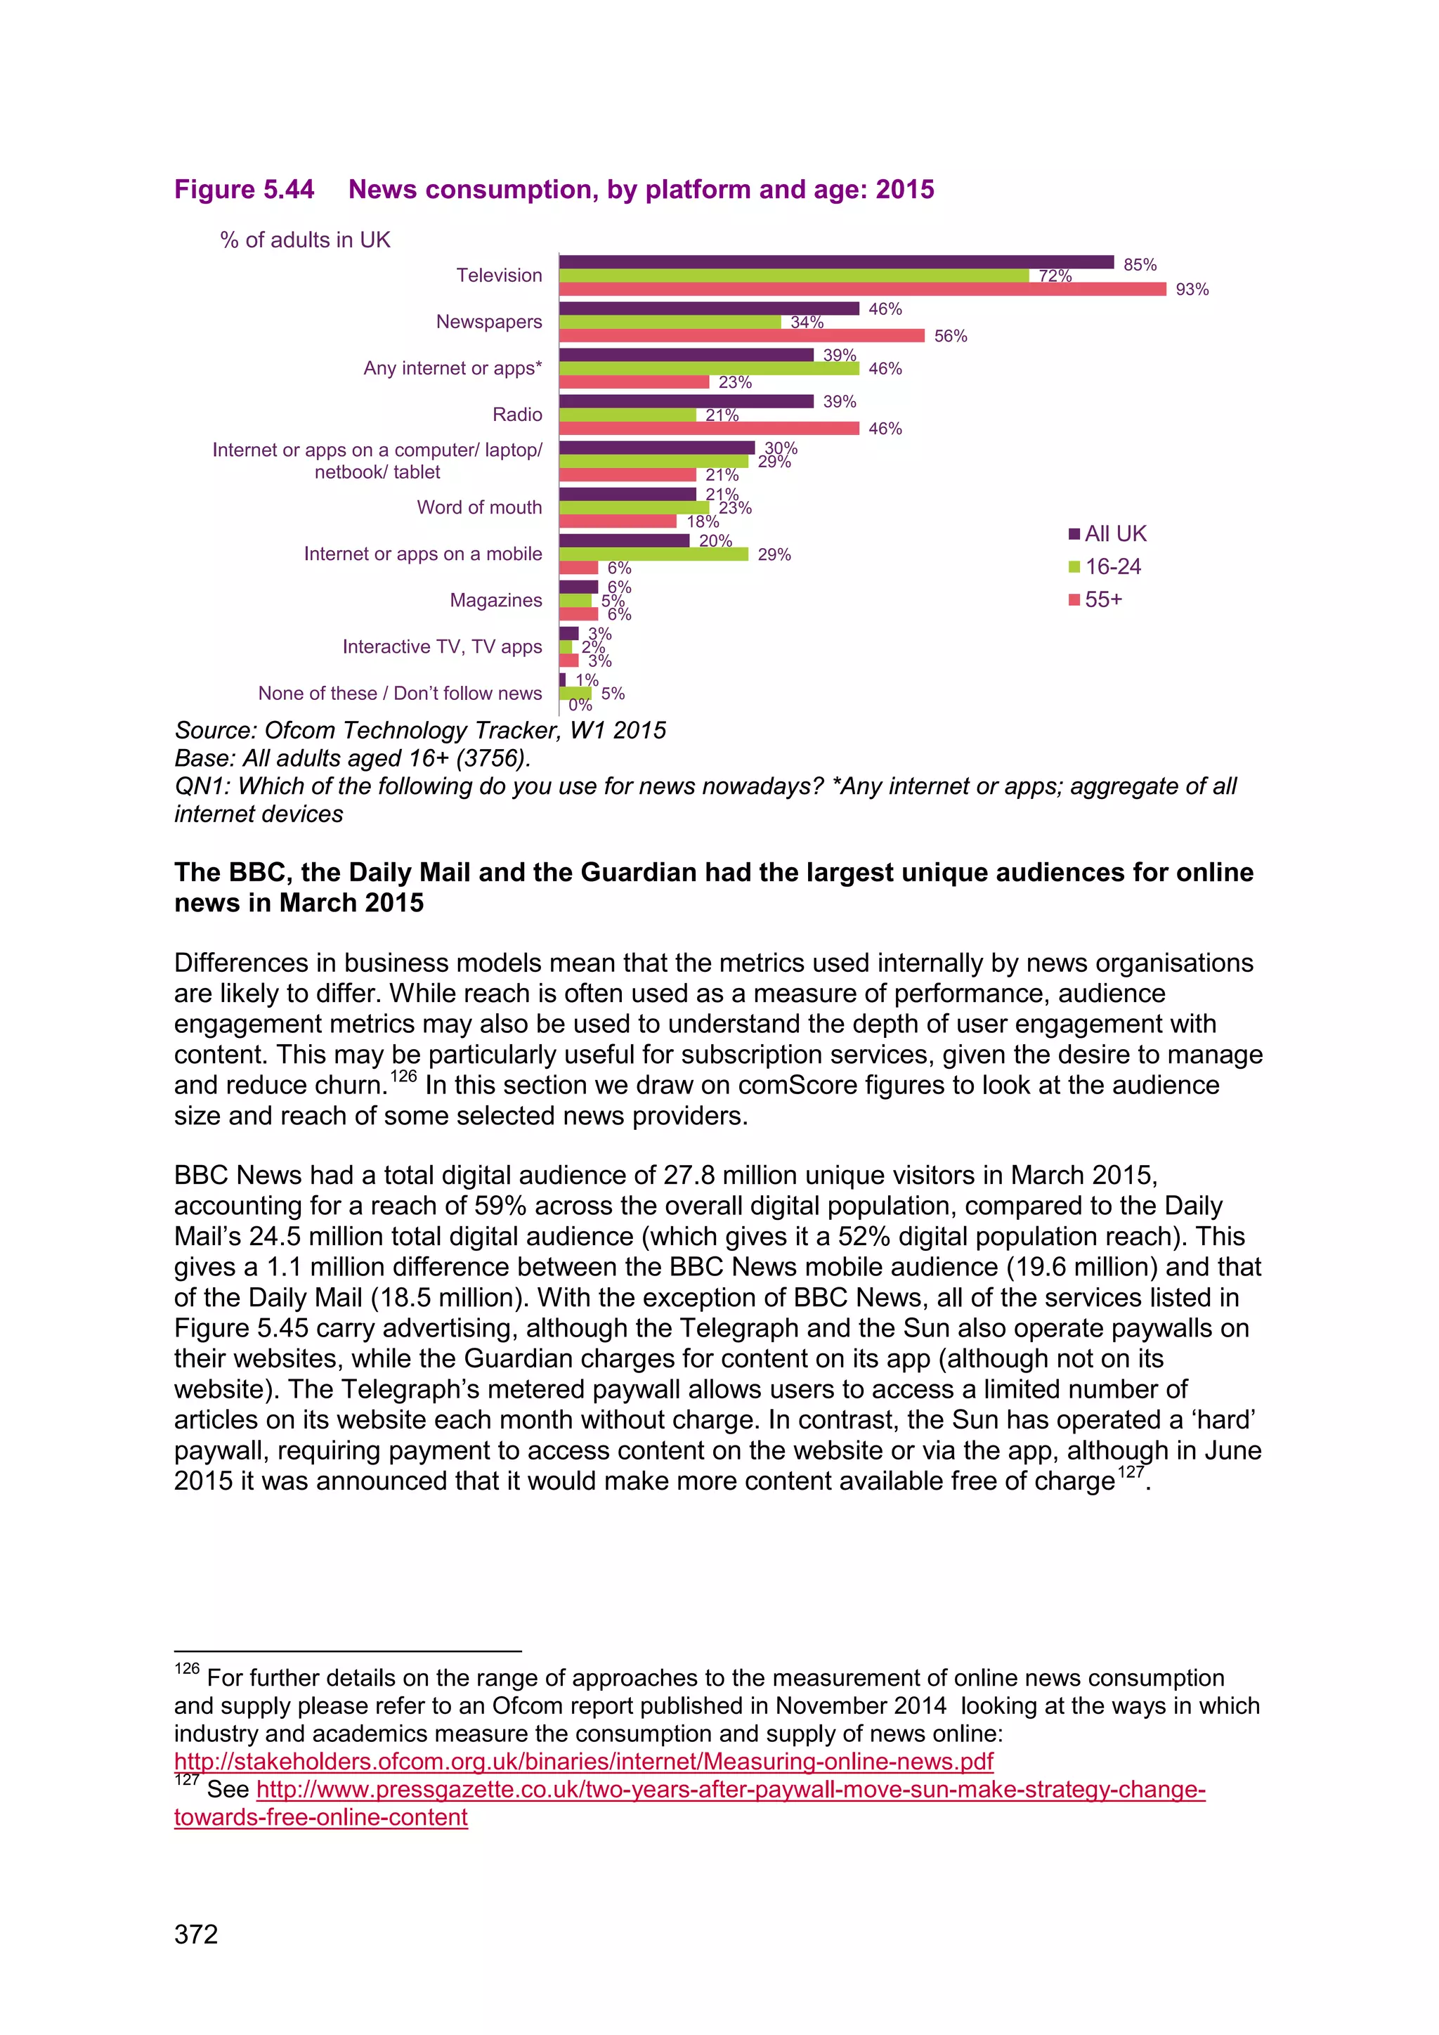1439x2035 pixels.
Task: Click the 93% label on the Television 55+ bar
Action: click(x=1191, y=290)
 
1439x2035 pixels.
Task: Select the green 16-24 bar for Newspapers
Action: click(x=669, y=323)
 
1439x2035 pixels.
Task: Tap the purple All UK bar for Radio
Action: click(x=685, y=401)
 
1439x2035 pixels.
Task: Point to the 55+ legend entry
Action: click(x=1096, y=600)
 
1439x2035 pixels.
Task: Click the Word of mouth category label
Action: click(x=478, y=508)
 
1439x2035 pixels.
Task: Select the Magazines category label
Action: click(x=495, y=601)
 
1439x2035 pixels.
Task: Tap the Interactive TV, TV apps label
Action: click(x=442, y=647)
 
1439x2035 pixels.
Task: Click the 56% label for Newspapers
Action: click(x=950, y=337)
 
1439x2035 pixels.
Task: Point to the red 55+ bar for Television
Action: click(x=861, y=290)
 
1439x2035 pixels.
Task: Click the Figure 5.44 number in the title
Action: click(x=244, y=190)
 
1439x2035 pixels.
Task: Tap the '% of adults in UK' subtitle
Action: click(x=305, y=240)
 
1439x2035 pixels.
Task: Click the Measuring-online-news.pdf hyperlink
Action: click(x=583, y=1761)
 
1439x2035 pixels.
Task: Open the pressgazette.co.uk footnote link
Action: click(x=730, y=1790)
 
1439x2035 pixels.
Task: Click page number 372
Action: click(x=196, y=1935)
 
